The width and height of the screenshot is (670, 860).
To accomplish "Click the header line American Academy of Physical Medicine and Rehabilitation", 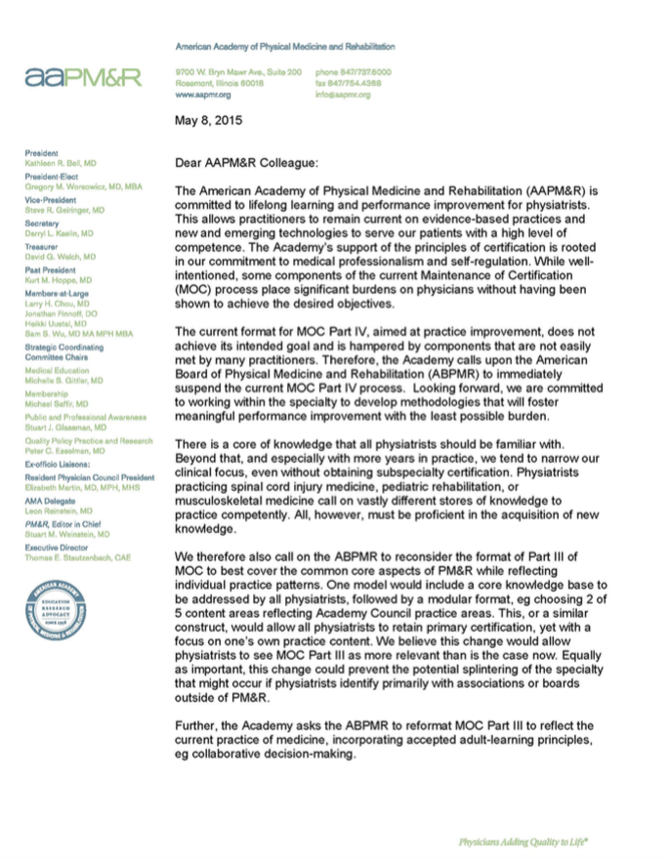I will click(284, 47).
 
